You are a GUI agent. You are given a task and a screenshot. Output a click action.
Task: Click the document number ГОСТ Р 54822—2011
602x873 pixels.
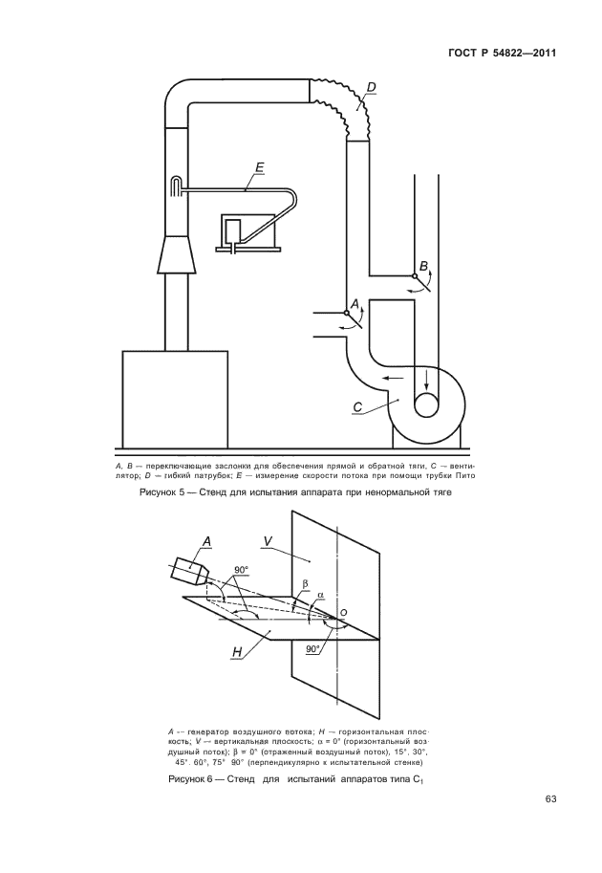click(502, 53)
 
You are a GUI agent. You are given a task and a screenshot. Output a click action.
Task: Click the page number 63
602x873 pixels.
click(549, 799)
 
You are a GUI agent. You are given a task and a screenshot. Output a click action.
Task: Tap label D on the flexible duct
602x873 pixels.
click(371, 89)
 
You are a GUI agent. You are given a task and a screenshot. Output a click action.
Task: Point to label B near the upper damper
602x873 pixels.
click(423, 265)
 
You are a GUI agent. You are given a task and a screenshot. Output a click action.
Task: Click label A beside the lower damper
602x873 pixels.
click(355, 303)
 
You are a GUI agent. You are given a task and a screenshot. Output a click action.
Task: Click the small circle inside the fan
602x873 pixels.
click(426, 404)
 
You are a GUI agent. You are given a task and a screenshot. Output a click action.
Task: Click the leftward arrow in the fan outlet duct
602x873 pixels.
click(389, 379)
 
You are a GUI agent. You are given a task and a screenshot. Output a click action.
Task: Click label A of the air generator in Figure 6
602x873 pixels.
click(204, 541)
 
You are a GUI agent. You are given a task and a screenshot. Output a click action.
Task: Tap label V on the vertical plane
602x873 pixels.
click(269, 542)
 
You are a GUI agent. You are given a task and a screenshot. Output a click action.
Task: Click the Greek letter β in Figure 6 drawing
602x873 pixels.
click(305, 582)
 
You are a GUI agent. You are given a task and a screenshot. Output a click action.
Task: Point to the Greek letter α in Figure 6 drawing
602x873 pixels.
click(321, 594)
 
